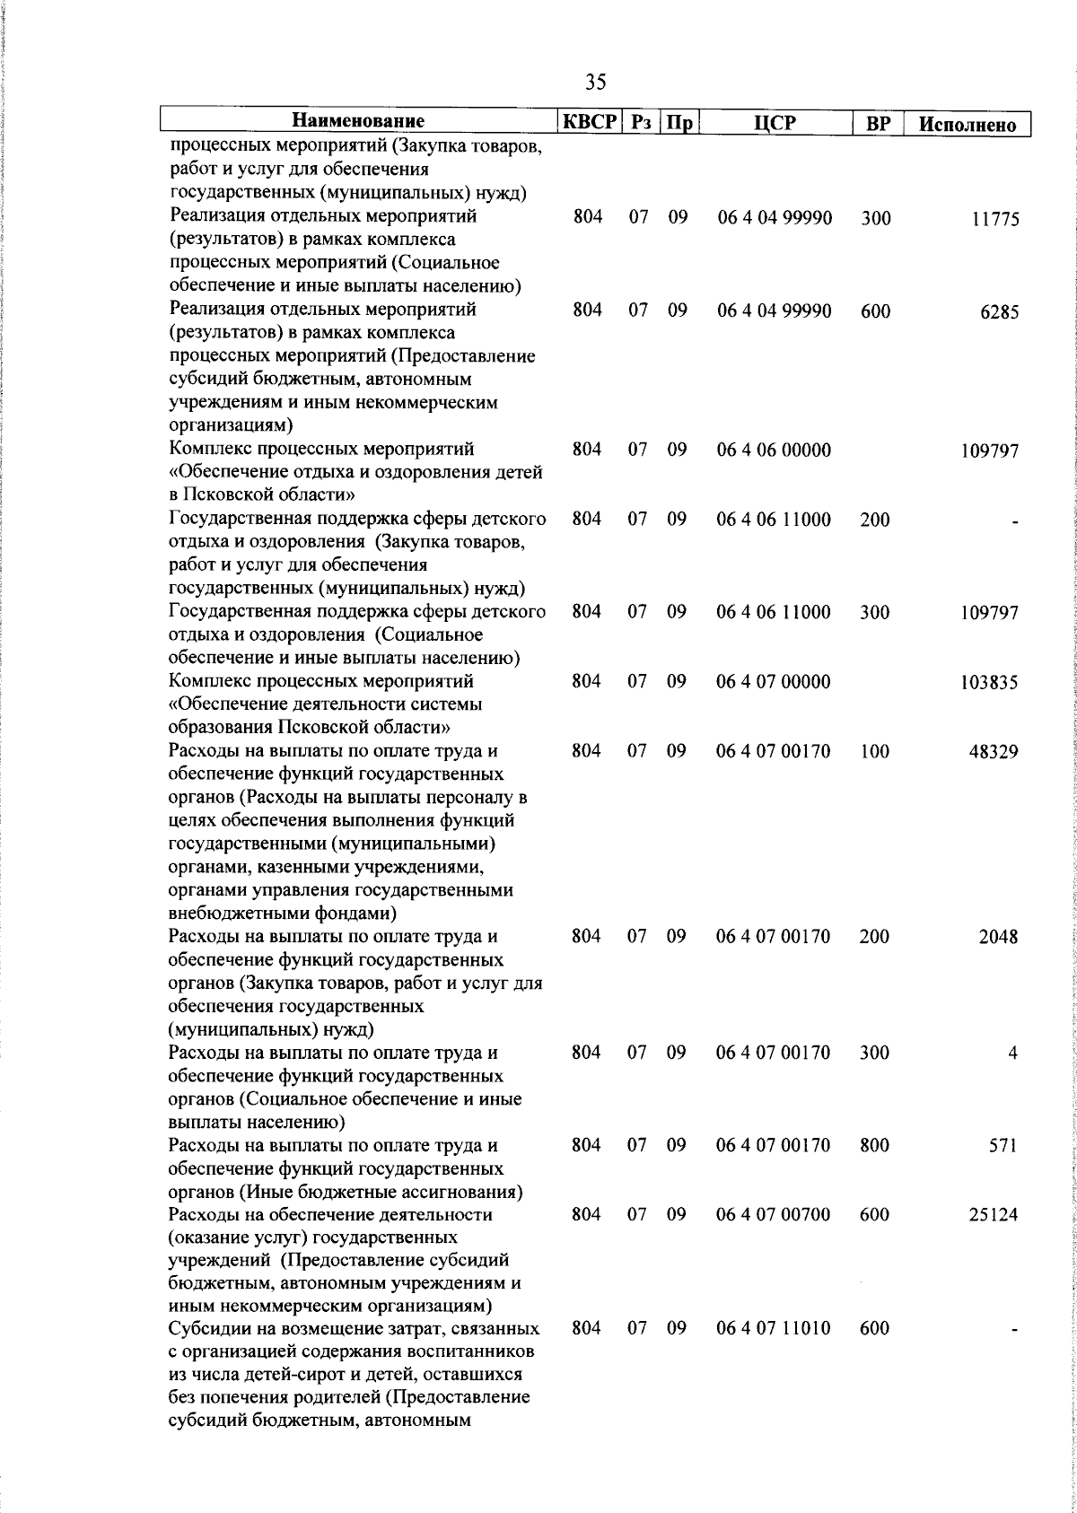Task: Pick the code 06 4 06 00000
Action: (774, 450)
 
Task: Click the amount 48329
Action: (994, 752)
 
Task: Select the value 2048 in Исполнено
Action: (999, 937)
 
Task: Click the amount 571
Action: (1002, 1146)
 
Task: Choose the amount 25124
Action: (994, 1215)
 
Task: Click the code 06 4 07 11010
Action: (774, 1327)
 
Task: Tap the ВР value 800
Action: (875, 1145)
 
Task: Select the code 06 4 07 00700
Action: (774, 1214)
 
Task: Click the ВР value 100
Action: (875, 751)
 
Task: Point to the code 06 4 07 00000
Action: (774, 682)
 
